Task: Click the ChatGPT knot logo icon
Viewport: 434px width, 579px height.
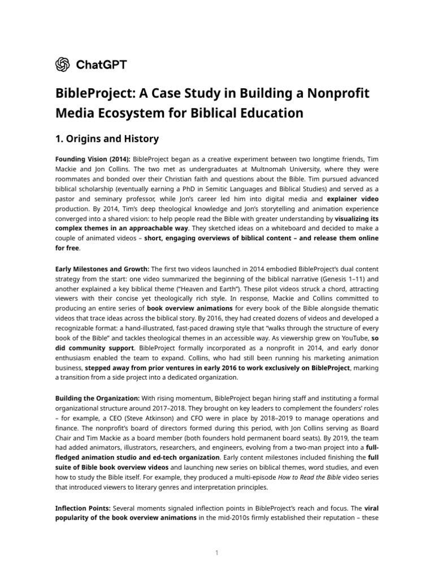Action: point(62,65)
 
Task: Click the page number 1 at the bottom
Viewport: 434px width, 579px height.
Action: point(217,552)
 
